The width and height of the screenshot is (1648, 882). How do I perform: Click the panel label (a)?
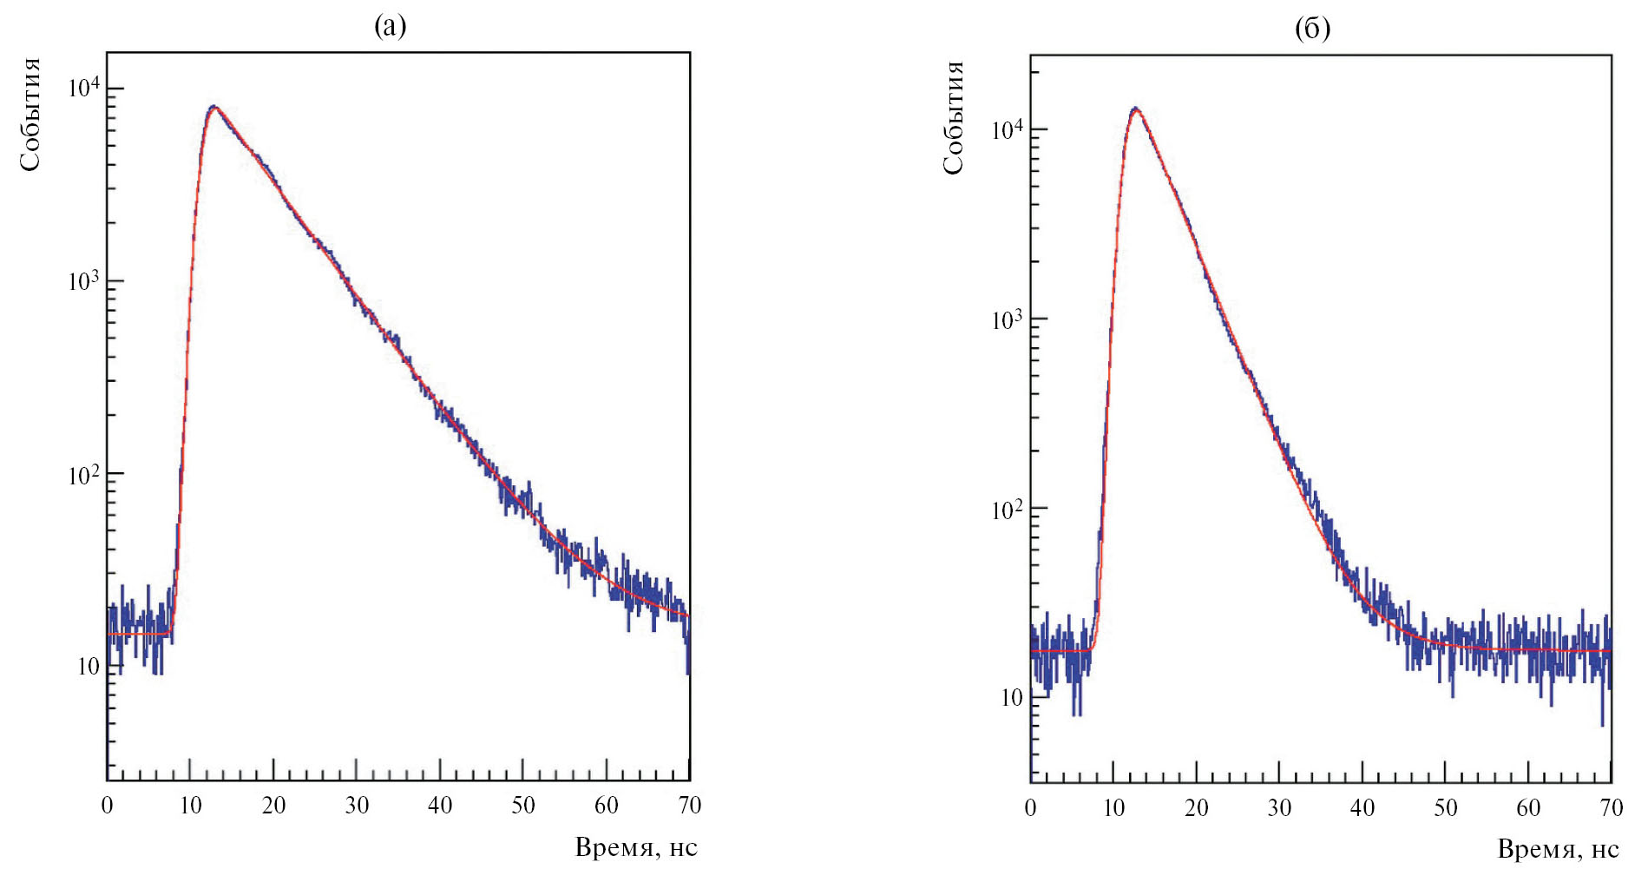tap(390, 27)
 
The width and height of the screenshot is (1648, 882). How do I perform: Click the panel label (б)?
tap(1311, 29)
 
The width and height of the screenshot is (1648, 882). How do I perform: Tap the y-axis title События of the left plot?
tap(30, 115)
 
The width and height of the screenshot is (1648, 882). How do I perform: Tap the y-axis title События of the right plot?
tap(953, 118)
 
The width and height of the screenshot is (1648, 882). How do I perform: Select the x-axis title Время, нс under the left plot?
tap(636, 847)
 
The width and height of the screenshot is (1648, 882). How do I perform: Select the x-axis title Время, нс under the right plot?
tap(1558, 849)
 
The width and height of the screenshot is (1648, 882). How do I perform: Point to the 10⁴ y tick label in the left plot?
tap(84, 89)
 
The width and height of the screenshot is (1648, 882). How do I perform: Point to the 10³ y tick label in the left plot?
tap(84, 281)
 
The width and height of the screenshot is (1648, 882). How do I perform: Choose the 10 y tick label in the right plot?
tap(1011, 698)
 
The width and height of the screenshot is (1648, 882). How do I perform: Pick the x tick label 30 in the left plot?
tap(357, 806)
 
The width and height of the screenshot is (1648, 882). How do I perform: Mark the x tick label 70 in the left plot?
tap(689, 806)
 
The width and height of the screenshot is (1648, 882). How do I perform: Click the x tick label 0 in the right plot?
tap(1030, 808)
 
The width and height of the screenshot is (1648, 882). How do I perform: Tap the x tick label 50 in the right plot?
tap(1445, 808)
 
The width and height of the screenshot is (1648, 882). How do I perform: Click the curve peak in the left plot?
tap(213, 107)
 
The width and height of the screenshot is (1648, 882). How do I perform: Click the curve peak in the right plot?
tap(1135, 109)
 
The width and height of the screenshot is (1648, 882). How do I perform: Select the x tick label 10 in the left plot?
tap(190, 806)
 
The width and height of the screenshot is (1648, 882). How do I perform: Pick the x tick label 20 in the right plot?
tap(1196, 808)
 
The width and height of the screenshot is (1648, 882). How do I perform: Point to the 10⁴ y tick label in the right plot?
tap(1007, 130)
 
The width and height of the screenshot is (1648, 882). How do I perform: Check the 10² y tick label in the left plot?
tap(84, 475)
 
